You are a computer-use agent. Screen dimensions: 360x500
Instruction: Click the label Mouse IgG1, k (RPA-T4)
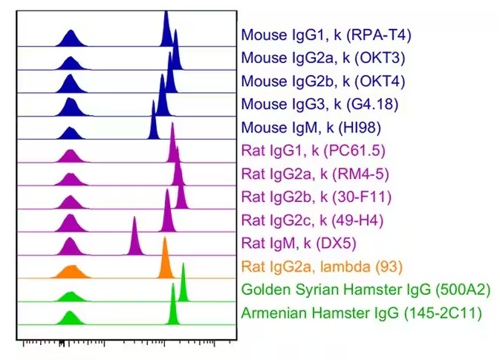[326, 34]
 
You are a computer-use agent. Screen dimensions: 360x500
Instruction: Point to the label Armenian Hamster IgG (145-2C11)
[362, 312]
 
